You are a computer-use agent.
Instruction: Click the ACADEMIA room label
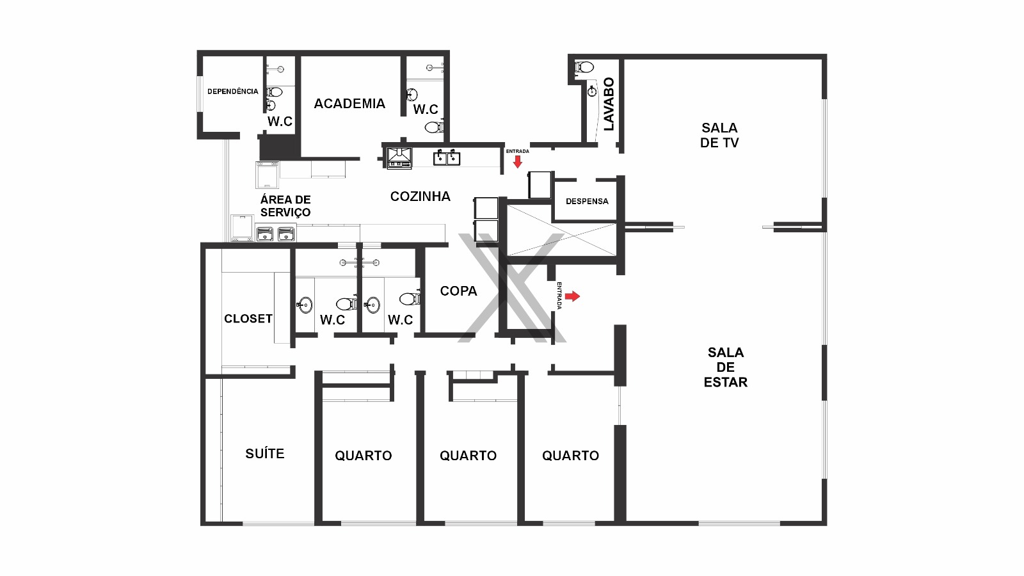pos(349,104)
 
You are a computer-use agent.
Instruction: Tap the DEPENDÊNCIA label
pos(232,92)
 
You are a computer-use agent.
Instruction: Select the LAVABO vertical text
pos(609,104)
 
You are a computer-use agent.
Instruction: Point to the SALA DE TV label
pos(719,135)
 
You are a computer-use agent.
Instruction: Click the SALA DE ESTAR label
pos(725,367)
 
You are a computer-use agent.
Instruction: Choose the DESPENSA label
pos(587,201)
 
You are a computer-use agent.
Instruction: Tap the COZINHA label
pos(420,196)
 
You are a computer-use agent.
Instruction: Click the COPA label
pos(458,291)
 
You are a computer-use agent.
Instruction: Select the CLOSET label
pos(248,319)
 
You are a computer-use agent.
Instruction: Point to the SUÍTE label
pos(264,454)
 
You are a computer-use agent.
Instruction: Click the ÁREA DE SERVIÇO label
pos(285,206)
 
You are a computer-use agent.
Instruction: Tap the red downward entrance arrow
pos(518,162)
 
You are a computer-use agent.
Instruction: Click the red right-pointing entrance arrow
pos(572,296)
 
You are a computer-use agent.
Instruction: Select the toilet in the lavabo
pos(585,67)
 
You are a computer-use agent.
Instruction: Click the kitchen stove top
pos(399,158)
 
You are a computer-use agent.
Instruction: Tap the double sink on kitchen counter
pos(447,157)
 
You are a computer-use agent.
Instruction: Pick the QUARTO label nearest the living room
pos(570,456)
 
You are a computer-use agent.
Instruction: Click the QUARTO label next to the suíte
pos(363,456)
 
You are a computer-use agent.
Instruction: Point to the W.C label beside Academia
pos(425,109)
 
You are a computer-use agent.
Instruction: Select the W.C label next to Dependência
pos(280,122)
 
